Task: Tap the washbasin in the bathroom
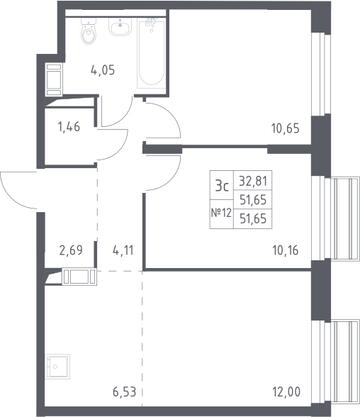pos(120,27)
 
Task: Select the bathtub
pos(151,53)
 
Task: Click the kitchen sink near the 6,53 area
pos(57,367)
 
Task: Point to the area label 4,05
pos(103,70)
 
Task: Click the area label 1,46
pos(69,127)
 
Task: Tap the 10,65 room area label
pos(286,128)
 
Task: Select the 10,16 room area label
pos(286,250)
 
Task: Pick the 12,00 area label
pos(287,391)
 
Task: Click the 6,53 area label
pos(124,392)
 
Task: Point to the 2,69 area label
pos(71,250)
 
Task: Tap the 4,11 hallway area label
pos(123,250)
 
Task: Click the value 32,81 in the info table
pos(253,181)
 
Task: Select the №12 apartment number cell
pos(221,213)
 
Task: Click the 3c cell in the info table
pos(222,186)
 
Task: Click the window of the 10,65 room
pos(321,74)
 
